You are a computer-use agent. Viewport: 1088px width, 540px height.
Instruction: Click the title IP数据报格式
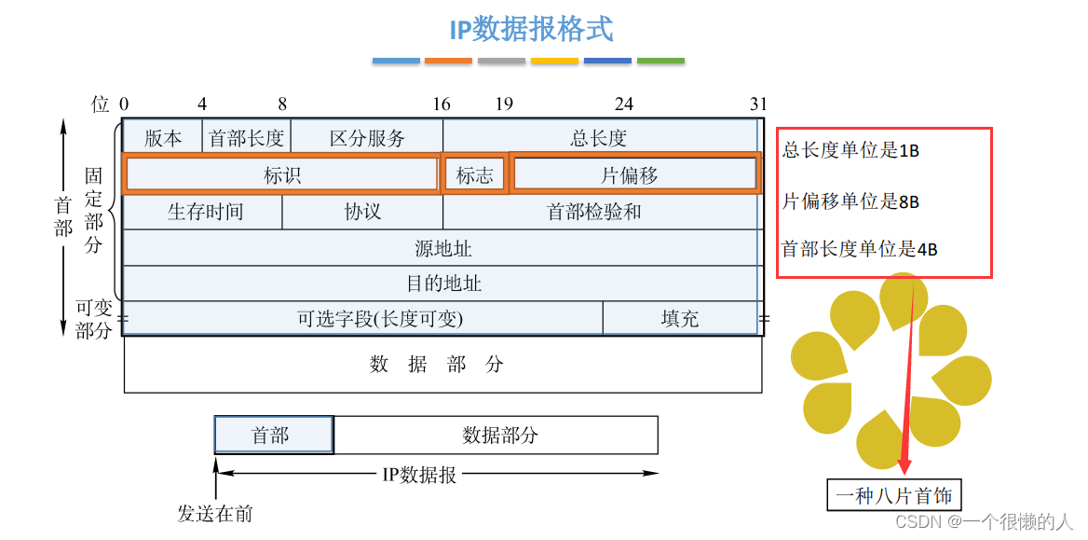coord(531,29)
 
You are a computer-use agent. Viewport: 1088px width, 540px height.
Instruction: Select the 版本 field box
coord(163,137)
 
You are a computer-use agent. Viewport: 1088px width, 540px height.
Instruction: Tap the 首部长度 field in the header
coord(247,137)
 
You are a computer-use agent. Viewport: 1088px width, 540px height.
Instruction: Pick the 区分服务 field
coord(367,137)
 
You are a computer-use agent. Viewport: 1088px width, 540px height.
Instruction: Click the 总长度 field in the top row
coord(599,137)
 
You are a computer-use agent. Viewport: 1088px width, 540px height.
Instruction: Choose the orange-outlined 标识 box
coord(281,174)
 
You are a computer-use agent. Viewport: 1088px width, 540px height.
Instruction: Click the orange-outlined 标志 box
coord(475,174)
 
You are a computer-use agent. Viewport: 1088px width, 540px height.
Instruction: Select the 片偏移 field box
coord(633,174)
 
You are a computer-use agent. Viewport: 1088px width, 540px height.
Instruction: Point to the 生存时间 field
coord(204,212)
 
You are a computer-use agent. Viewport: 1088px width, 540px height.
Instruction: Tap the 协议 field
coord(362,212)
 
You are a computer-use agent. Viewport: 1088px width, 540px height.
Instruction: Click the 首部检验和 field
coord(594,212)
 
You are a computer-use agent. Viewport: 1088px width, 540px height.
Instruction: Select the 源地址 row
coord(442,248)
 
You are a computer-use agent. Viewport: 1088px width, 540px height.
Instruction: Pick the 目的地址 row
coord(442,283)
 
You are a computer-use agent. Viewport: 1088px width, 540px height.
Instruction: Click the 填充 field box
coord(679,318)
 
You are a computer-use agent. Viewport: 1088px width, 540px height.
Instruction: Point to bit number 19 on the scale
coord(504,104)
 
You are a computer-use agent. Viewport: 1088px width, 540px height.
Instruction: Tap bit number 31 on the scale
coord(759,104)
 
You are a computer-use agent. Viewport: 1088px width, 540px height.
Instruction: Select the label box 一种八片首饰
coord(893,495)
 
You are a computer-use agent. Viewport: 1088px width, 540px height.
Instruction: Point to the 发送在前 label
coord(215,513)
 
